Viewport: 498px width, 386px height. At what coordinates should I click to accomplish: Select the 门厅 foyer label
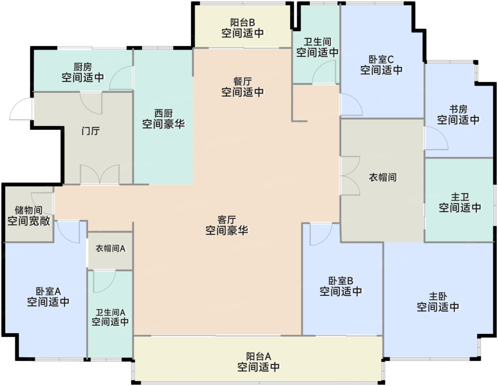click(x=90, y=131)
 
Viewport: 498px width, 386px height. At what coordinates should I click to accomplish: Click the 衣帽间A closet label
click(x=110, y=249)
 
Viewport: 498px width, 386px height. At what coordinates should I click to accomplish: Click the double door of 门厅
click(x=100, y=174)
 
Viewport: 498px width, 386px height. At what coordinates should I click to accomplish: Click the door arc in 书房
click(x=435, y=139)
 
